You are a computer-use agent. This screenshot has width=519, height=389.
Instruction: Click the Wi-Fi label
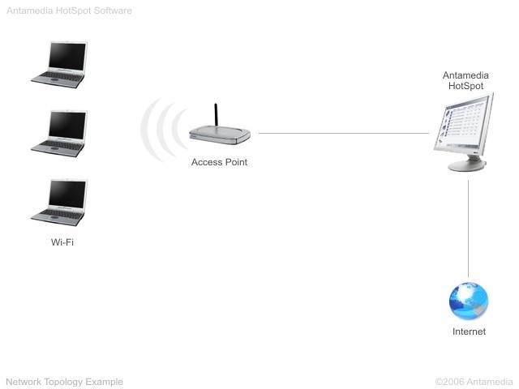click(x=62, y=242)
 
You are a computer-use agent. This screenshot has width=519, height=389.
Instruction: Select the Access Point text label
click(x=219, y=162)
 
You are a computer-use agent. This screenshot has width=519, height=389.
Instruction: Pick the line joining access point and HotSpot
click(x=341, y=133)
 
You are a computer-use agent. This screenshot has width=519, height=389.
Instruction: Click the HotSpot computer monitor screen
click(x=465, y=122)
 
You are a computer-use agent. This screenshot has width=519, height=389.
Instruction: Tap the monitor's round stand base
click(x=468, y=165)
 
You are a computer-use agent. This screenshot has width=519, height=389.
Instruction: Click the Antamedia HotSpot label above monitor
click(x=465, y=80)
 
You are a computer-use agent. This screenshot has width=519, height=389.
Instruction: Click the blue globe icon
click(x=469, y=301)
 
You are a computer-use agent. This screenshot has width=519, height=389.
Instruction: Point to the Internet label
click(x=469, y=331)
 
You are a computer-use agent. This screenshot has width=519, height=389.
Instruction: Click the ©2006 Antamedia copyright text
click(x=474, y=381)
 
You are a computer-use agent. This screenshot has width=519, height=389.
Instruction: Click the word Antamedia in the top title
click(x=28, y=11)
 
